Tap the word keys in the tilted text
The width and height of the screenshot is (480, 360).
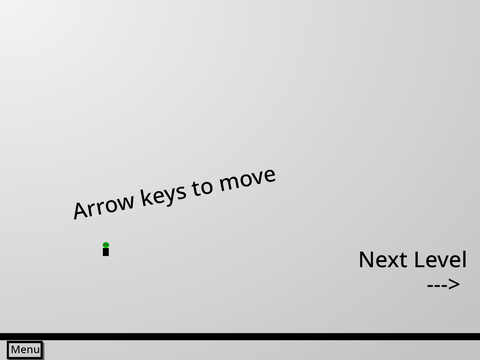point(163,194)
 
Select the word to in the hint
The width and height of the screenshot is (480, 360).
point(202,187)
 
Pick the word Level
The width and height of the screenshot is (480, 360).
point(436,259)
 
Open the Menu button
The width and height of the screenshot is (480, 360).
point(25,350)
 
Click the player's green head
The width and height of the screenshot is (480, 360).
point(106,245)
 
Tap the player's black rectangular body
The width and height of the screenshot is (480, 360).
point(106,252)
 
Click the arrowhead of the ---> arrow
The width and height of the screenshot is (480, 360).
point(454,284)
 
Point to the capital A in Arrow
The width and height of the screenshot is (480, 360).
point(80,210)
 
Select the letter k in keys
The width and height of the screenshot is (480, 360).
point(145,196)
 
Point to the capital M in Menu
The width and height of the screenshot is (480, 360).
point(14,350)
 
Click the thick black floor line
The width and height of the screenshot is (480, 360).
point(240,336)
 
